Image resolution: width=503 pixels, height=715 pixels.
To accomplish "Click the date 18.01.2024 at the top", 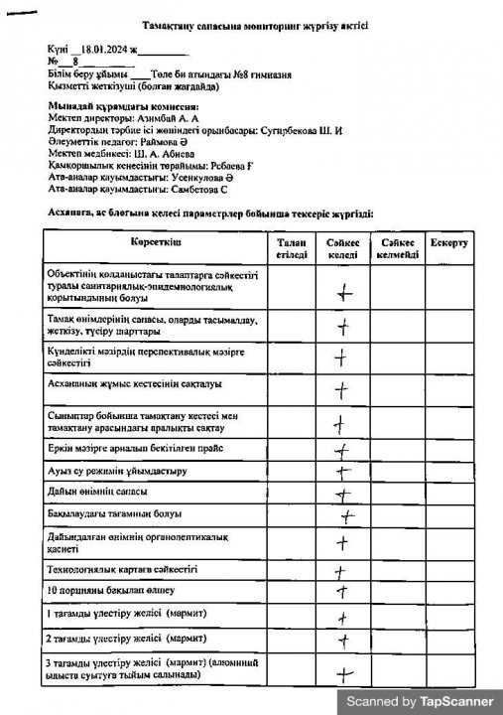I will point(106,48).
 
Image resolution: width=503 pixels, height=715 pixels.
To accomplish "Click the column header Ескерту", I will point(449,241).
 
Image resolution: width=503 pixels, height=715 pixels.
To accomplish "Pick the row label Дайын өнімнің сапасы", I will point(97,492).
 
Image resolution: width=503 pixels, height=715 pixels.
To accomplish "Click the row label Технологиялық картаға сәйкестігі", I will point(122,569).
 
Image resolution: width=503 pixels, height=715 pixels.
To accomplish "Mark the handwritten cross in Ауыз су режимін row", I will point(343,472).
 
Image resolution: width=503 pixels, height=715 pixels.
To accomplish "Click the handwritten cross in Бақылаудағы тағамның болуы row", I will point(347,516).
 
